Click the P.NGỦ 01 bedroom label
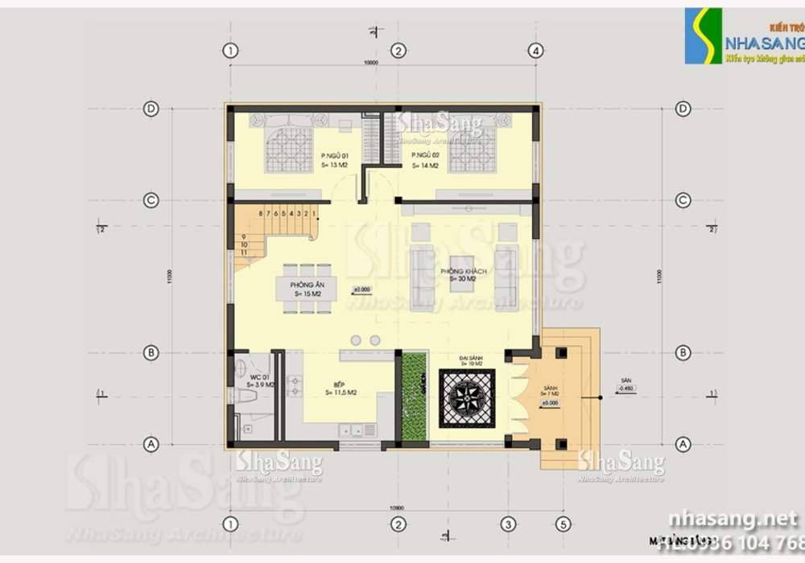(333, 155)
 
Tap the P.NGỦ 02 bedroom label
(424, 155)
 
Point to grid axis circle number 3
(508, 524)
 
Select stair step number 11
(244, 253)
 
